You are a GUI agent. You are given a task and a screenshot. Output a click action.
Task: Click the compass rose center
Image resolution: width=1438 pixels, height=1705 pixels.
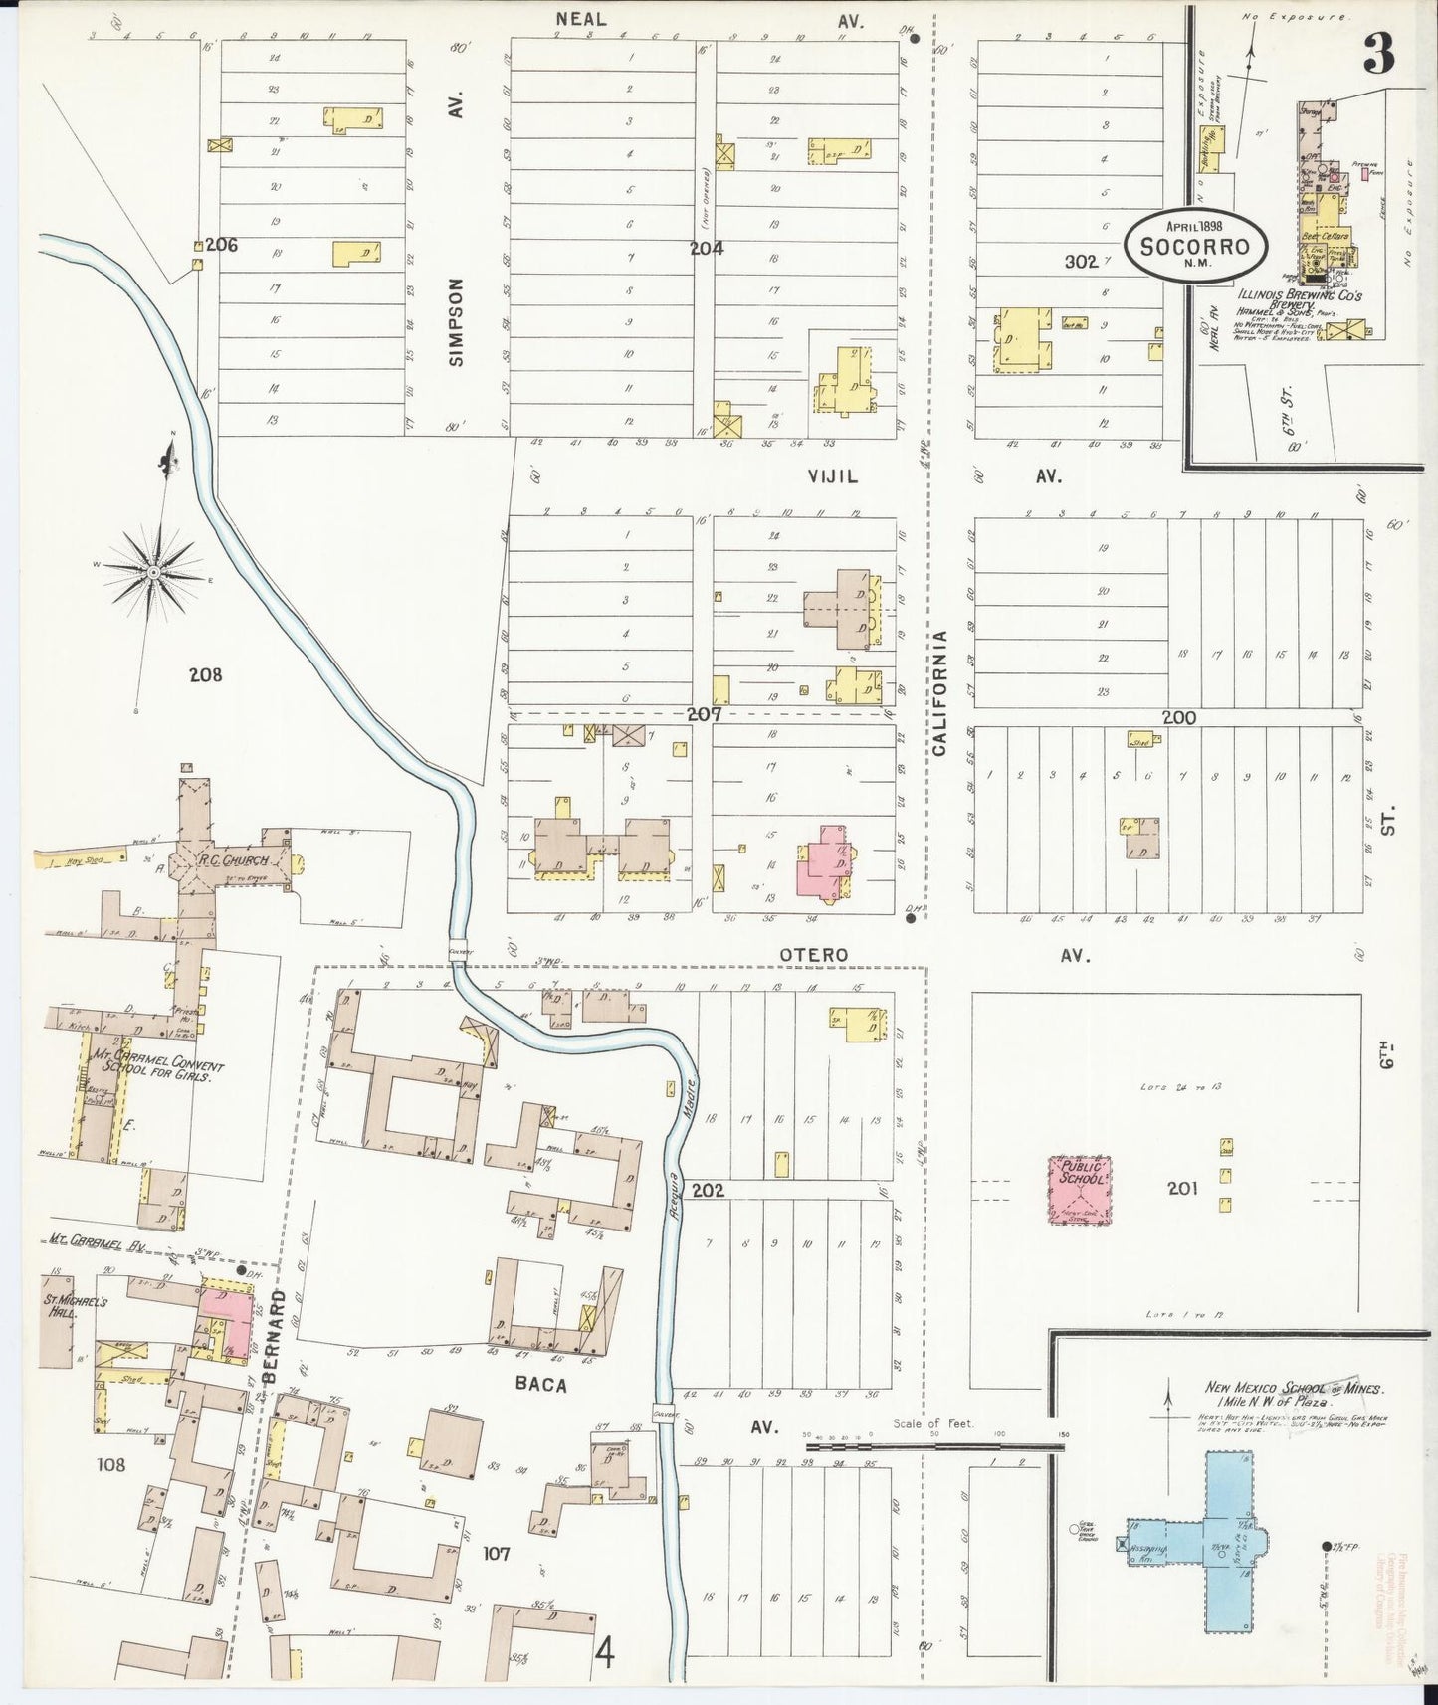155,573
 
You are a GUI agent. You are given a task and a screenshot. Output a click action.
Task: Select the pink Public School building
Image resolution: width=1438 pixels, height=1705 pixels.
1080,1189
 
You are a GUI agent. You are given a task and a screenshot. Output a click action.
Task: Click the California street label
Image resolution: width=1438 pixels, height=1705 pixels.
939,692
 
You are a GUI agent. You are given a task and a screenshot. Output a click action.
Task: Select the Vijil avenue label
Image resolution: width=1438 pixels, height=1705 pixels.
832,477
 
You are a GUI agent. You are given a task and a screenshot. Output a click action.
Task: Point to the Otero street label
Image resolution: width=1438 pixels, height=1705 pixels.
813,955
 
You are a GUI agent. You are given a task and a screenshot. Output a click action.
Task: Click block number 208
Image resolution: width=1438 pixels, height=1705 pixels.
205,675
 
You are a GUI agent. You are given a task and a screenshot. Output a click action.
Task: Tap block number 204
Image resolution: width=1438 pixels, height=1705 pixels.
707,248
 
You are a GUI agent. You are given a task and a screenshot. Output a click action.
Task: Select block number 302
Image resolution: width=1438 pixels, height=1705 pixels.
1081,262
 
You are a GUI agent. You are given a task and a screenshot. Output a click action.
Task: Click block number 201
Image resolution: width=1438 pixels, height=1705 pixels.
1183,1188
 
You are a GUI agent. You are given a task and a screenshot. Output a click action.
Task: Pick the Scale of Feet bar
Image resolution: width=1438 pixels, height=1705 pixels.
935,1437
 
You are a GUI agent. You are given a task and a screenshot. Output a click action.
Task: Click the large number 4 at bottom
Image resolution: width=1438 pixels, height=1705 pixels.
604,1656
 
